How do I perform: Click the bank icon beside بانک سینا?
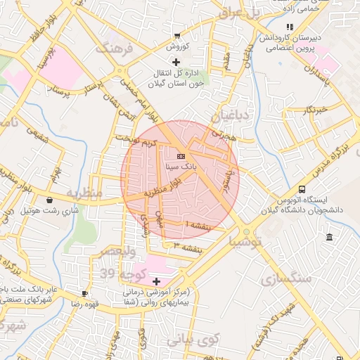point(181,156)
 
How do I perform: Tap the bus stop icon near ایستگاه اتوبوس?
point(302,189)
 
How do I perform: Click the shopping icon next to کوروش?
point(178,35)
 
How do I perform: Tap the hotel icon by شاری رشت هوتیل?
point(49,200)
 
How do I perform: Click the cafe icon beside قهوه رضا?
point(84,293)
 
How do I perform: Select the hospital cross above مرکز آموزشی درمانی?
point(155,281)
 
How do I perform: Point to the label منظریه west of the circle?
point(84,191)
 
